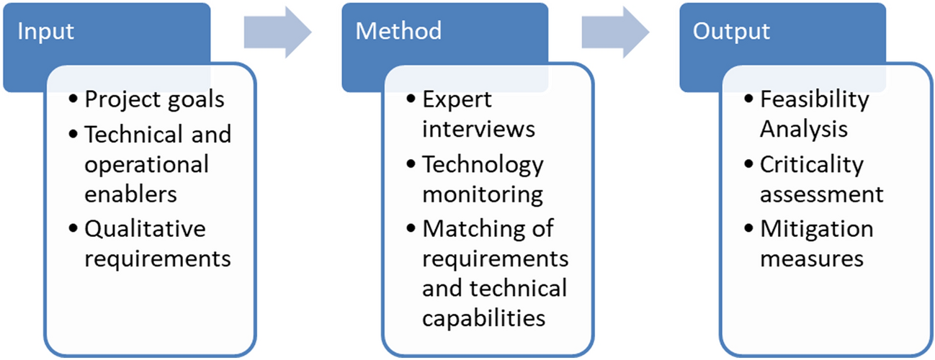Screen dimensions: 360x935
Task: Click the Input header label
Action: [x=45, y=32]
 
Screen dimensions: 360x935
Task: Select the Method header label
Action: [x=398, y=32]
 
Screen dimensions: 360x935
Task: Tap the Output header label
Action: [x=731, y=32]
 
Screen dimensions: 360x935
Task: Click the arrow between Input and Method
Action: [x=277, y=31]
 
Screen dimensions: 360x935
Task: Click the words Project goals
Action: [x=154, y=99]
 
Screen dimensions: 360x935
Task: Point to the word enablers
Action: [x=130, y=194]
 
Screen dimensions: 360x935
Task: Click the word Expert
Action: [x=456, y=99]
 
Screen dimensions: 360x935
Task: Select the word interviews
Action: [x=478, y=130]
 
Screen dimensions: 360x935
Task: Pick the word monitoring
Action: [x=481, y=194]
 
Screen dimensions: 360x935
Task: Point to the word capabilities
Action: [x=484, y=318]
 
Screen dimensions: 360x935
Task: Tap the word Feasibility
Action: [x=815, y=99]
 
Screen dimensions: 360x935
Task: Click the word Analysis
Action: [x=803, y=130]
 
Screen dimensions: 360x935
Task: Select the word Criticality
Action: [x=811, y=164]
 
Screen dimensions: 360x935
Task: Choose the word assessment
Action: [x=821, y=194]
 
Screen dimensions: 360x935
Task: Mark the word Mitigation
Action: [x=816, y=229]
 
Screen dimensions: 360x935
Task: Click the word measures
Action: [x=811, y=258]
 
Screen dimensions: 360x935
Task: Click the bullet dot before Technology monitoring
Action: [x=411, y=165]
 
